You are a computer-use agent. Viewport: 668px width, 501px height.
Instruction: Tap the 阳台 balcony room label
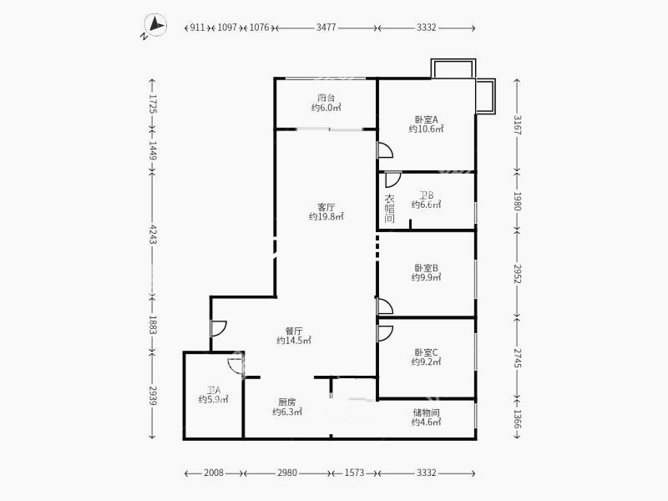(326, 97)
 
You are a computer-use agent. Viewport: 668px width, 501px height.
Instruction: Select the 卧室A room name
(426, 119)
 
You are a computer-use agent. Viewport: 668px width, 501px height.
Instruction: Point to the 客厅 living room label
(326, 206)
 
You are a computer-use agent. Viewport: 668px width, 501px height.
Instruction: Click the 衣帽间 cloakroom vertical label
(389, 209)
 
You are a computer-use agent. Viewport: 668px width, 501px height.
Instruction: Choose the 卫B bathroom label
(426, 195)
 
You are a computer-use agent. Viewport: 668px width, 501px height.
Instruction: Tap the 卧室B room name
(426, 268)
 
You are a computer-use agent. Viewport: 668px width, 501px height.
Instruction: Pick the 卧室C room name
(426, 352)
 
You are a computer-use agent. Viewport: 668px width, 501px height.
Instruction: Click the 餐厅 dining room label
(293, 330)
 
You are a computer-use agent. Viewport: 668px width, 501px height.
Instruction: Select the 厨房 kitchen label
(284, 402)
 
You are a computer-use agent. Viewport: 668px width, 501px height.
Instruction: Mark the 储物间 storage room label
(426, 412)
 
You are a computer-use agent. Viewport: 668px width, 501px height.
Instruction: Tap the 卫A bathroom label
(213, 389)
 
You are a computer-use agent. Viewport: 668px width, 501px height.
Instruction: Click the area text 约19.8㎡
(326, 217)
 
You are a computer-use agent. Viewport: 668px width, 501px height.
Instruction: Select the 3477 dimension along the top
(326, 28)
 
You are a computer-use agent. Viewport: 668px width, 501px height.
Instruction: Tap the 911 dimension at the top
(197, 28)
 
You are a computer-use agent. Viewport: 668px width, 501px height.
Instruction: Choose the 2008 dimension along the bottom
(214, 473)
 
